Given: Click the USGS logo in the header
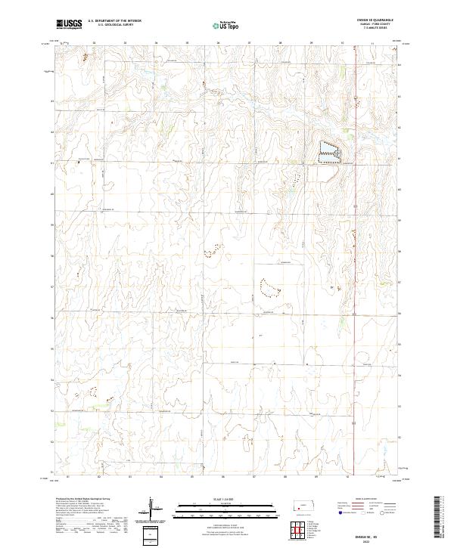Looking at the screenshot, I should pos(70,25).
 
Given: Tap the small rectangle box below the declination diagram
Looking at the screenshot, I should pos(151,535).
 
